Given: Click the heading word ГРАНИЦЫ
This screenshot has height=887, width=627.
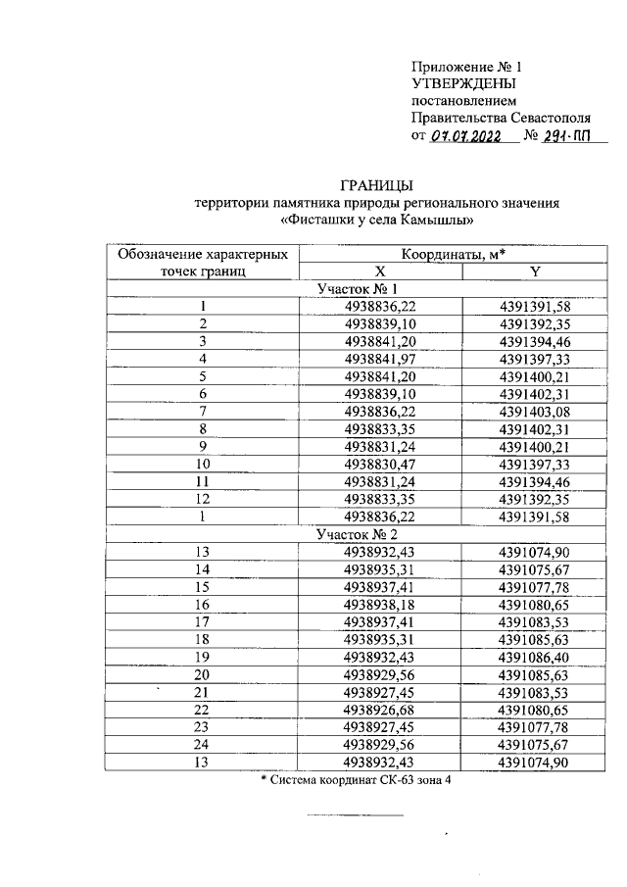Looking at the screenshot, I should pyautogui.click(x=376, y=184).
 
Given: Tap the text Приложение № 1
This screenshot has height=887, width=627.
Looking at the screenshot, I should pyautogui.click(x=467, y=67).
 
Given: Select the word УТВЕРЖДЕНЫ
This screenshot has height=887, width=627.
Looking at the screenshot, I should pyautogui.click(x=463, y=84).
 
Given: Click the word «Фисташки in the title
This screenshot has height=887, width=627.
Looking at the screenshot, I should pyautogui.click(x=318, y=220).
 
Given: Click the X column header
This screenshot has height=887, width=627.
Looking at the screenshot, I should pyautogui.click(x=380, y=272).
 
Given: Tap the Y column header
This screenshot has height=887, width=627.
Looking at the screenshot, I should pyautogui.click(x=534, y=272).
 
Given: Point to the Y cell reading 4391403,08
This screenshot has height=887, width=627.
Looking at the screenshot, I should pyautogui.click(x=534, y=412).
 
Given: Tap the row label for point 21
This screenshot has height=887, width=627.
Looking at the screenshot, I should pyautogui.click(x=203, y=693).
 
